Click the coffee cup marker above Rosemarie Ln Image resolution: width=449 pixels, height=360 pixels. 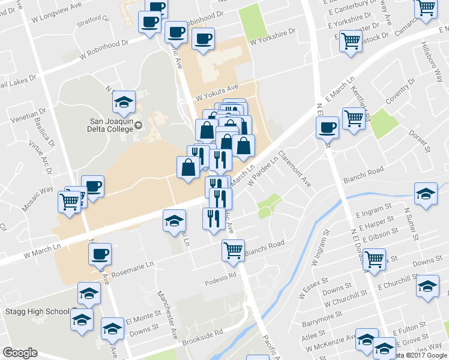[100, 253]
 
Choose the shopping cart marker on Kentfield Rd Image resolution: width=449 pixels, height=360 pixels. [353, 118]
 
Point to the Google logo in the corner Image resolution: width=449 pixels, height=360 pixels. [20, 353]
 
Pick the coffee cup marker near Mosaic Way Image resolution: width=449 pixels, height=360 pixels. [93, 186]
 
